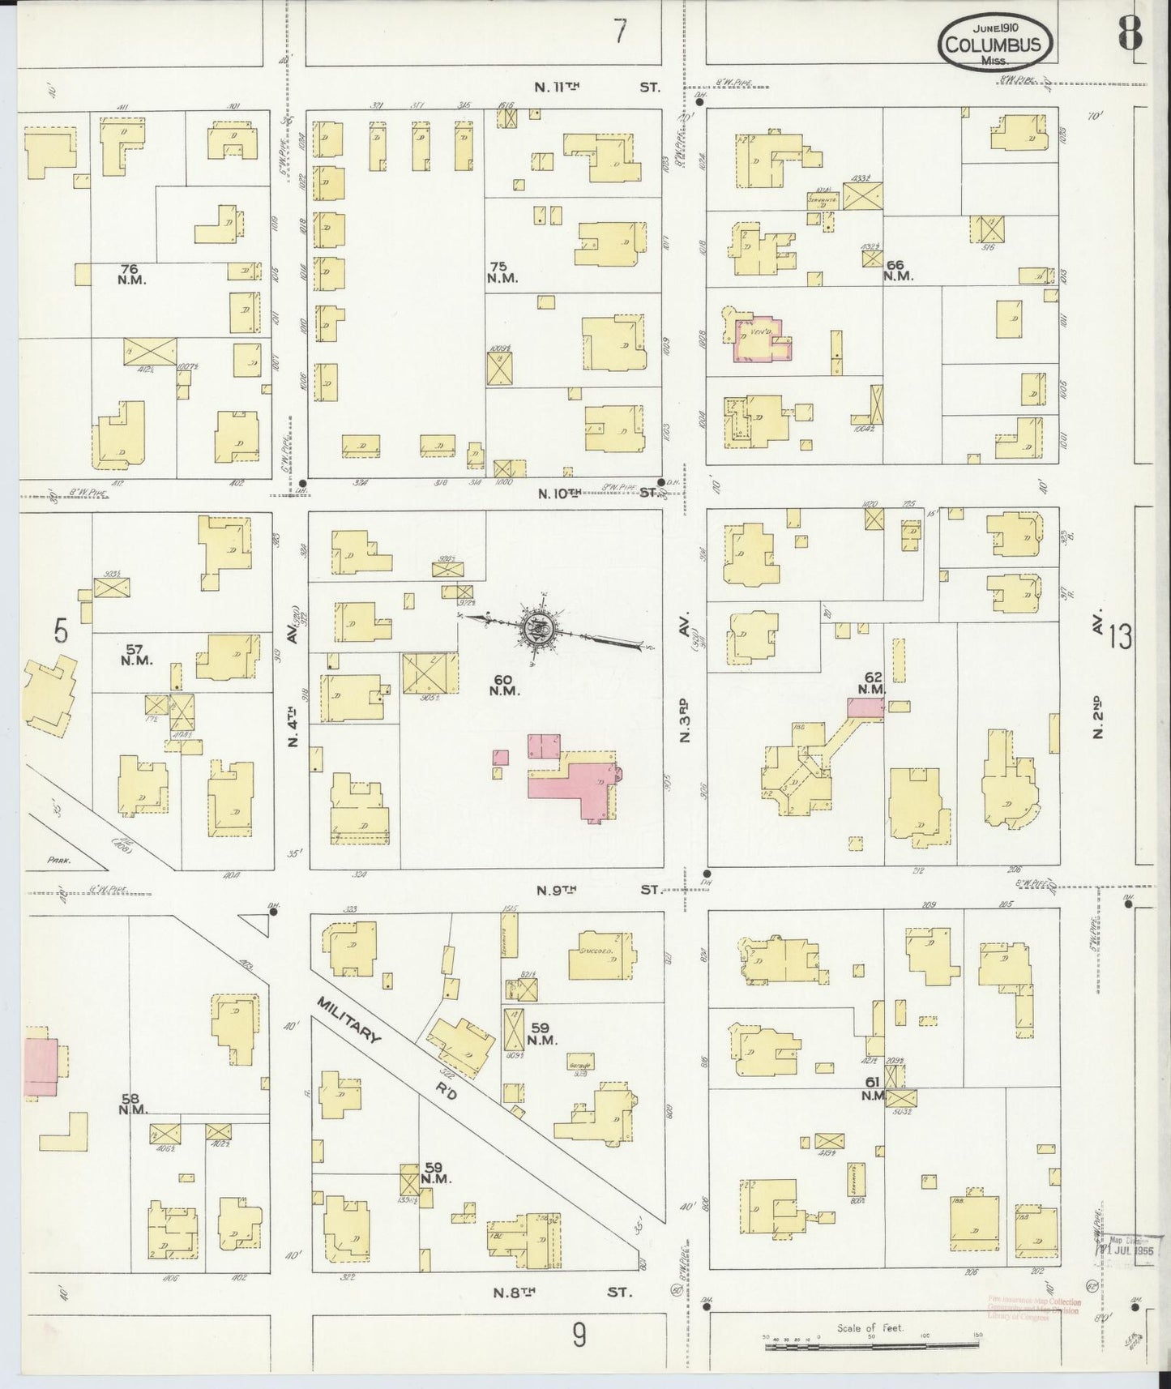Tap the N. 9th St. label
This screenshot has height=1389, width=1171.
click(598, 889)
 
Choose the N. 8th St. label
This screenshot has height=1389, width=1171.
click(561, 1291)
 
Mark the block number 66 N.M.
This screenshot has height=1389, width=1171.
click(898, 270)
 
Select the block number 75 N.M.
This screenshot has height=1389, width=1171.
click(502, 271)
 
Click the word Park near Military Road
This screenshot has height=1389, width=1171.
click(57, 861)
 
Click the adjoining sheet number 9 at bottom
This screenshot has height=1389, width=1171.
click(578, 1334)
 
